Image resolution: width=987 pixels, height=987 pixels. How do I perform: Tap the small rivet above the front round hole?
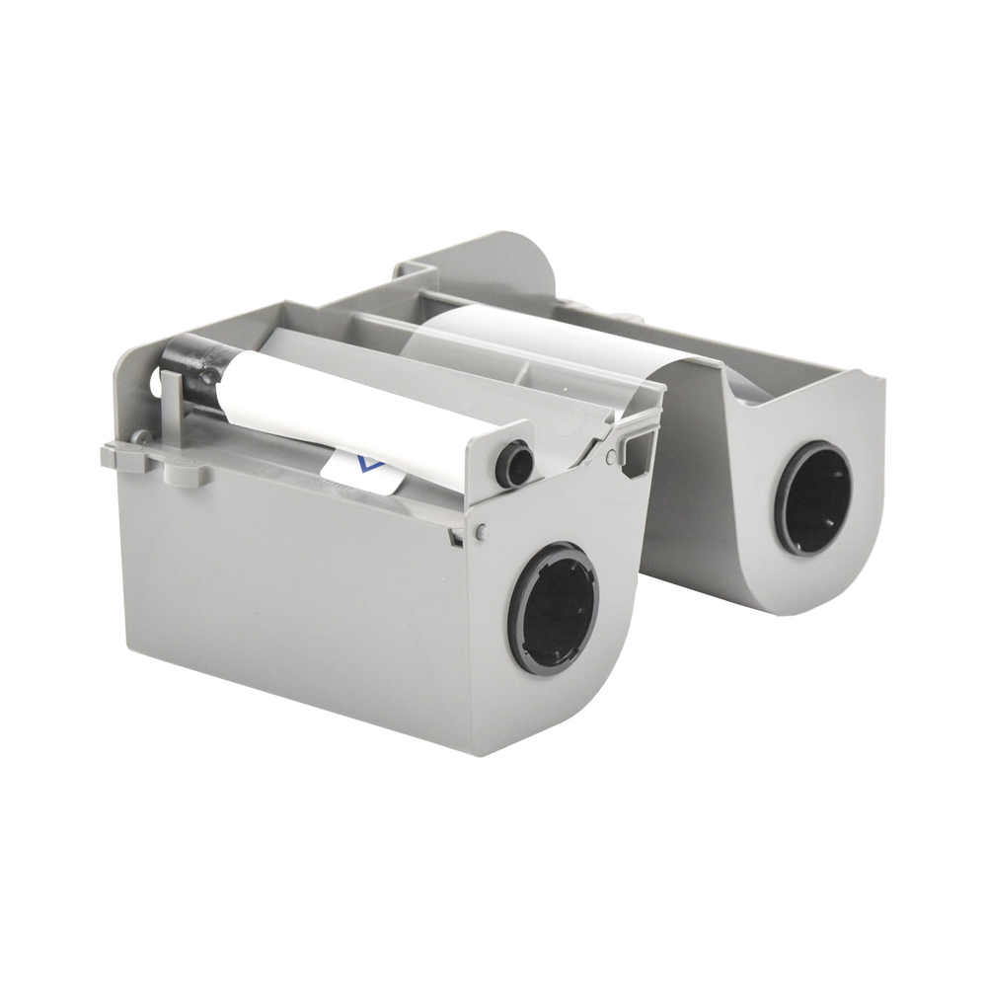point(481,531)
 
